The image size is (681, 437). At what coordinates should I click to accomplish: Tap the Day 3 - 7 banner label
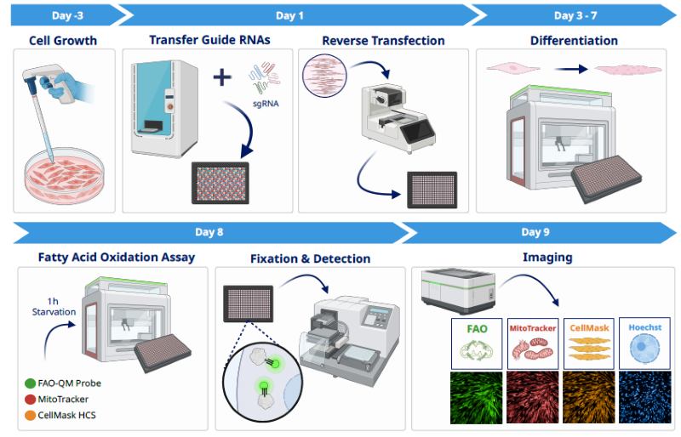(x=575, y=15)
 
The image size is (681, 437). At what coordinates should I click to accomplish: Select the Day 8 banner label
(x=209, y=232)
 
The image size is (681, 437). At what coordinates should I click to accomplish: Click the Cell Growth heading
(x=65, y=40)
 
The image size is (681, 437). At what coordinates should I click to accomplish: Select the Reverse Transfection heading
(x=383, y=40)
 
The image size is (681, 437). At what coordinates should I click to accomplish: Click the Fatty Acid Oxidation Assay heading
(x=116, y=257)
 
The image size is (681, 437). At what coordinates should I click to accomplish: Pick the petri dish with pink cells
(x=65, y=175)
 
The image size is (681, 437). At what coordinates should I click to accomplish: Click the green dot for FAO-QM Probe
(x=31, y=383)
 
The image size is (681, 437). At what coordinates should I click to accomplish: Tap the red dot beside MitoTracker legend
(x=31, y=399)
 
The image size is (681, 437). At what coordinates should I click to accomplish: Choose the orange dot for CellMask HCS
(x=31, y=414)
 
